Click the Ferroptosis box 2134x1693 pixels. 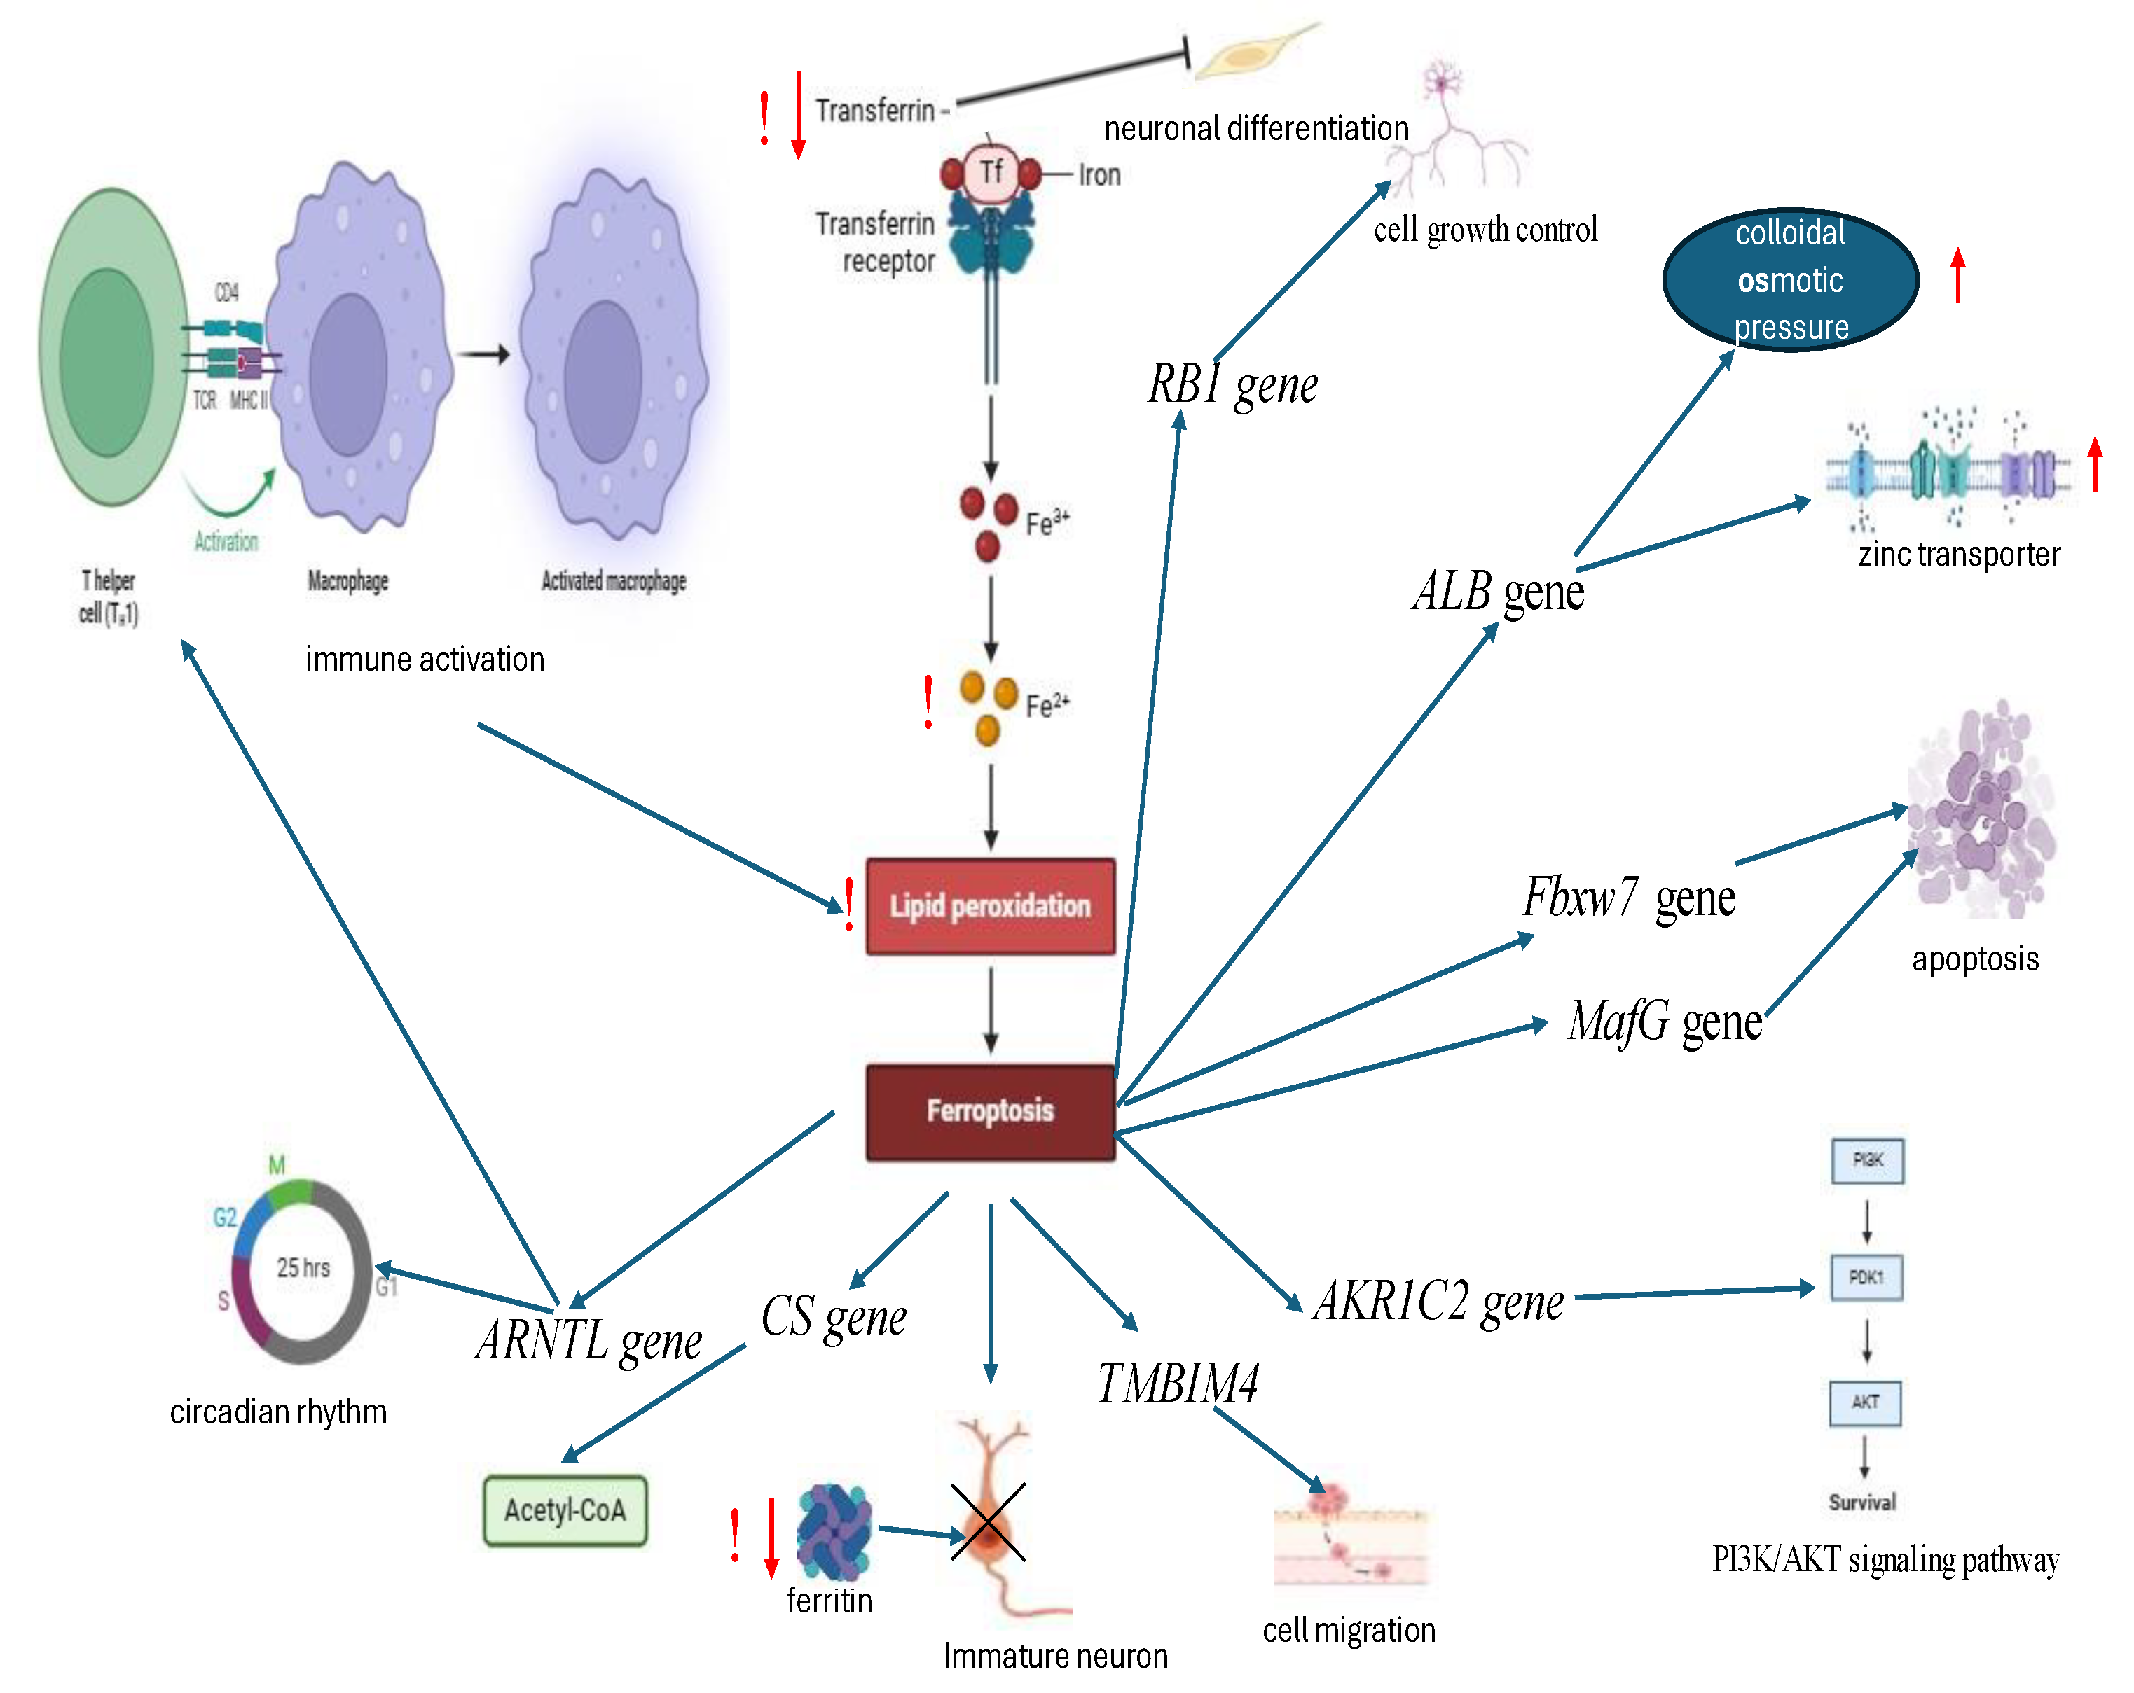click(990, 1111)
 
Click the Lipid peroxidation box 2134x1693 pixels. click(990, 905)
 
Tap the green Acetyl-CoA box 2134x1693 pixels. click(564, 1510)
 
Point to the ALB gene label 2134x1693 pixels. click(1498, 592)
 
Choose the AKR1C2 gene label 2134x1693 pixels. click(1438, 1300)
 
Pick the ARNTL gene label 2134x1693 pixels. click(589, 1341)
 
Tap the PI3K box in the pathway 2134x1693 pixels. click(1867, 1159)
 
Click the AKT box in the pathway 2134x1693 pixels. click(1865, 1402)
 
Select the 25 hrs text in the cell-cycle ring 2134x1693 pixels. click(303, 1267)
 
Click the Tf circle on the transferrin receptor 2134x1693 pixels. click(991, 172)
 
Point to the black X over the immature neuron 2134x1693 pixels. click(988, 1522)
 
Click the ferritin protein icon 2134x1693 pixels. click(834, 1531)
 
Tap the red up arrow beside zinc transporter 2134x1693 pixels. click(2094, 464)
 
